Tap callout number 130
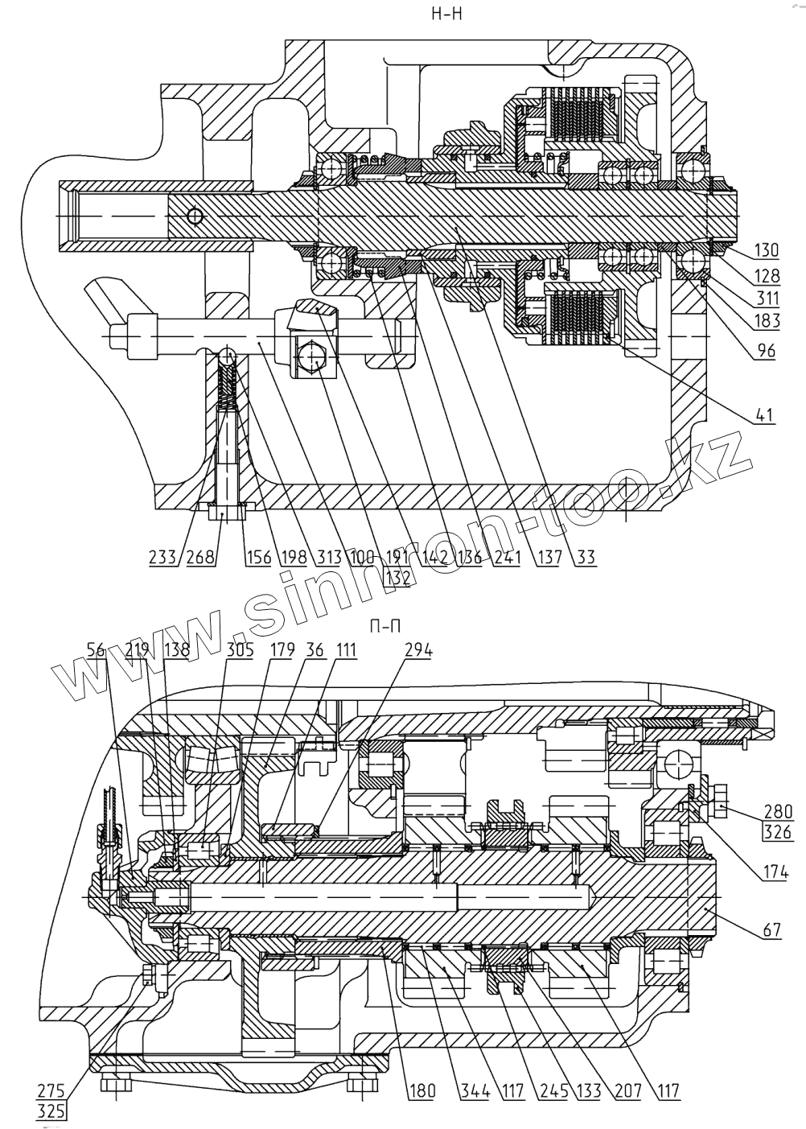(767, 249)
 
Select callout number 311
(767, 299)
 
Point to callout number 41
(765, 416)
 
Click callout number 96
(765, 352)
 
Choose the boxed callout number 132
(396, 576)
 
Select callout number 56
(96, 650)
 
